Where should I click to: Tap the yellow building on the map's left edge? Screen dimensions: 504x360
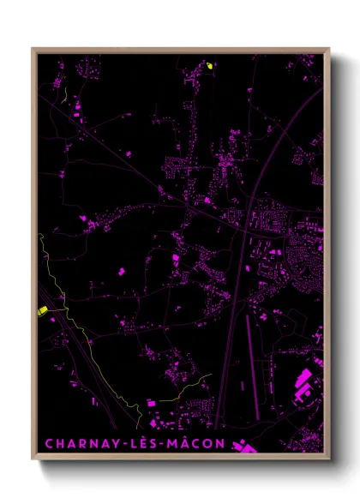pyautogui.click(x=42, y=311)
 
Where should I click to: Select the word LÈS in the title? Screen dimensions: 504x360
pyautogui.click(x=149, y=444)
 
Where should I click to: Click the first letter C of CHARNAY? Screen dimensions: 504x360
pyautogui.click(x=48, y=444)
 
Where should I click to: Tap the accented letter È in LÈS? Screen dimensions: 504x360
pyautogui.click(x=149, y=444)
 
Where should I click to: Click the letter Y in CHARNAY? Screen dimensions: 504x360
pyautogui.click(x=117, y=444)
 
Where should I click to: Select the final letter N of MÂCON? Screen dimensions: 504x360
pyautogui.click(x=222, y=444)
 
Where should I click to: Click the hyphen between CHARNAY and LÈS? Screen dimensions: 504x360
pyautogui.click(x=129, y=445)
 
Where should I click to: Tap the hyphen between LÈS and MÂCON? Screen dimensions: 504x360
pyautogui.click(x=167, y=445)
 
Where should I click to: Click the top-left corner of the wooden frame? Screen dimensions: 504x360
pyautogui.click(x=32, y=48)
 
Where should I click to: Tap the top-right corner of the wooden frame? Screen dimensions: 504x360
pyautogui.click(x=329, y=48)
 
